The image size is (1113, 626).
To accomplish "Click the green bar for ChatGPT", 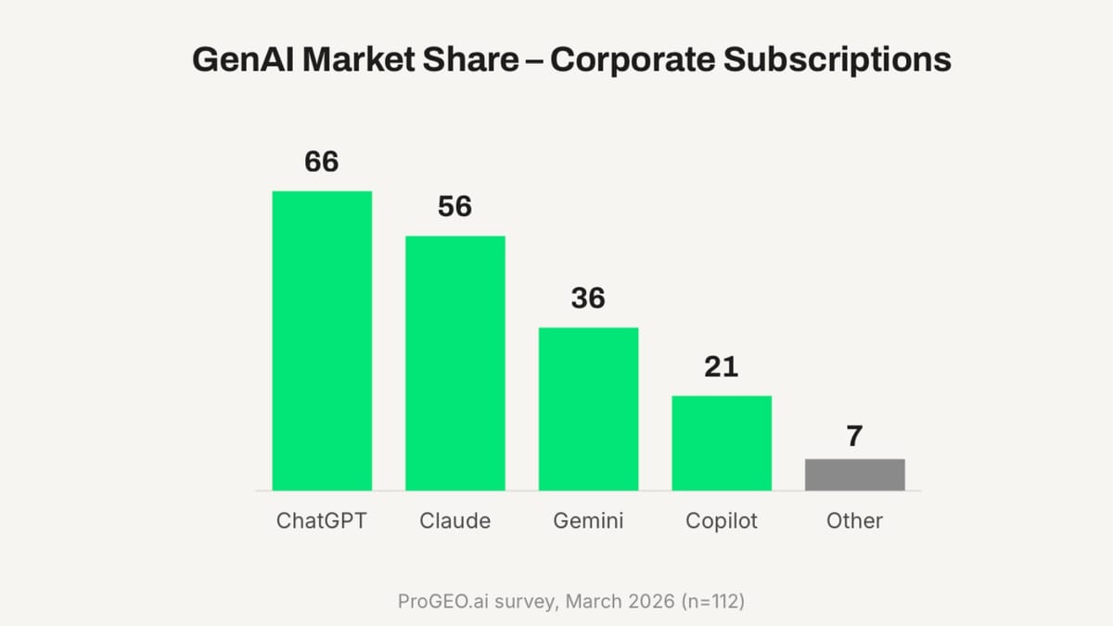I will coord(322,340).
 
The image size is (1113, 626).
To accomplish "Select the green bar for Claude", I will coord(455,363).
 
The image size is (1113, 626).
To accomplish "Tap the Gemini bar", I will coord(588,408).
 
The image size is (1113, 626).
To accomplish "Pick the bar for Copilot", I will coord(722,442).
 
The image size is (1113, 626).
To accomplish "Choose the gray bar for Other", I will coord(854,474).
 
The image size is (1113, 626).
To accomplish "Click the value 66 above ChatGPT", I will coord(322,162).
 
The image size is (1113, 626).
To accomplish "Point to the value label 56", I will coord(455,207).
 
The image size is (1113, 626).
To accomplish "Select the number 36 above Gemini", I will coord(588,298).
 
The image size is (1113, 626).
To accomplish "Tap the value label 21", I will coord(722,367).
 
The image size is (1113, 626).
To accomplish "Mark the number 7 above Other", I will coord(854,437).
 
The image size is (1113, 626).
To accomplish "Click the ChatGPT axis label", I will coord(322,521).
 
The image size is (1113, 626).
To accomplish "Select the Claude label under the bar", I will coord(455,521).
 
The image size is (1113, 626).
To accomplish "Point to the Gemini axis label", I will coord(588,521).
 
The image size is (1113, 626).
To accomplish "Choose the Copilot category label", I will coord(722,521).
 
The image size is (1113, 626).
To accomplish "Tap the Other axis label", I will coord(854,521).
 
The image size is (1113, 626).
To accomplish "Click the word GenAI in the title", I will coord(242,60).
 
